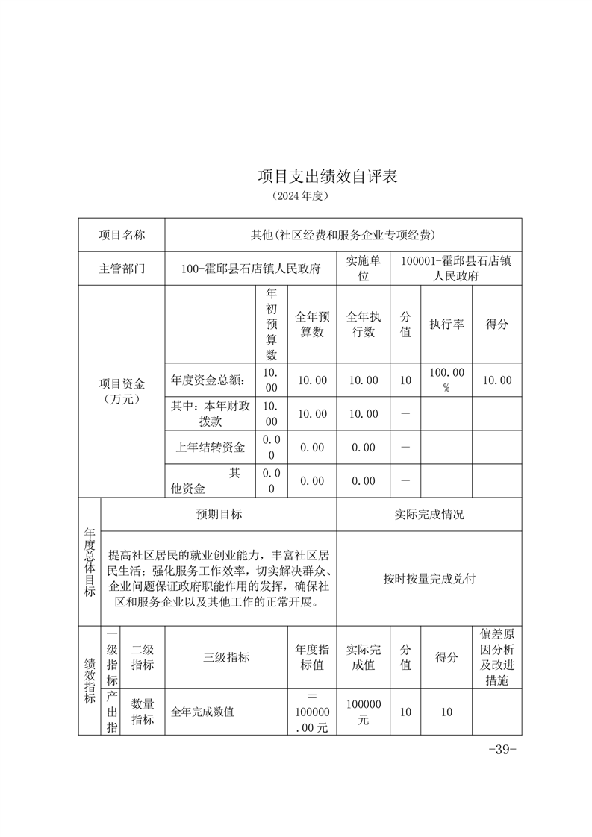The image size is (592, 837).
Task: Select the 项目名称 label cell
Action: click(x=122, y=235)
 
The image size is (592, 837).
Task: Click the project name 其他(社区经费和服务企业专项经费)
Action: click(x=343, y=235)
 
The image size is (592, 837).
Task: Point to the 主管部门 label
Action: click(x=122, y=269)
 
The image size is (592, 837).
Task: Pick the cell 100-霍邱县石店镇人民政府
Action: click(x=251, y=269)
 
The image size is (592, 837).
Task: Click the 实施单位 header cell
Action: click(x=364, y=269)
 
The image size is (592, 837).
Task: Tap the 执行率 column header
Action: click(x=446, y=325)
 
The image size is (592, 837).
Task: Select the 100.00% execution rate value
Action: click(x=446, y=380)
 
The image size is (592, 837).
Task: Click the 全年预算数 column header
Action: click(x=312, y=325)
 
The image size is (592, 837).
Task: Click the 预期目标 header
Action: click(x=219, y=515)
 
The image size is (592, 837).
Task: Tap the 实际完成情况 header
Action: click(x=429, y=515)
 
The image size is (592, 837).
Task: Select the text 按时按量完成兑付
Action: click(x=429, y=578)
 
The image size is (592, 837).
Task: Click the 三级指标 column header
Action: click(x=226, y=657)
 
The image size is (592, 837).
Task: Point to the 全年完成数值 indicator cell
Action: click(x=203, y=712)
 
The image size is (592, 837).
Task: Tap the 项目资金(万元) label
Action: click(x=122, y=392)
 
